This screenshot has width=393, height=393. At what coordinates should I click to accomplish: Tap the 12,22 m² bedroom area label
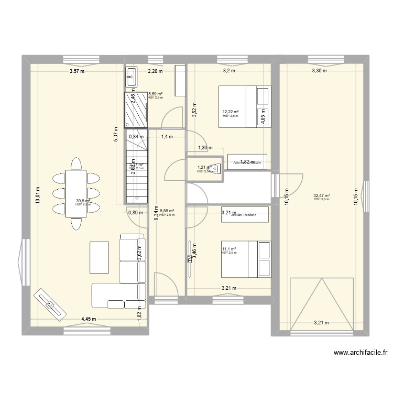coord(231,112)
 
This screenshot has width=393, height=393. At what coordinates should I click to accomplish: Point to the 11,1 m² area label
coord(229,249)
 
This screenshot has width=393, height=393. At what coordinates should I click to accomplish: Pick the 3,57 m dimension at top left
coord(75,71)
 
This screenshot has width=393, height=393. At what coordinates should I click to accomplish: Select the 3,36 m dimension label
coord(319,71)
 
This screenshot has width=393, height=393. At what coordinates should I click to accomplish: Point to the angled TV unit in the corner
coord(50,303)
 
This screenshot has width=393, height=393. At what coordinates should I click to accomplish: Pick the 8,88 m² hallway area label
coord(167,211)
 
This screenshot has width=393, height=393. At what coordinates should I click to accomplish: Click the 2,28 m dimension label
coord(155,71)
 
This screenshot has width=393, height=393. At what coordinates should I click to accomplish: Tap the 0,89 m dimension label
coord(136,212)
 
